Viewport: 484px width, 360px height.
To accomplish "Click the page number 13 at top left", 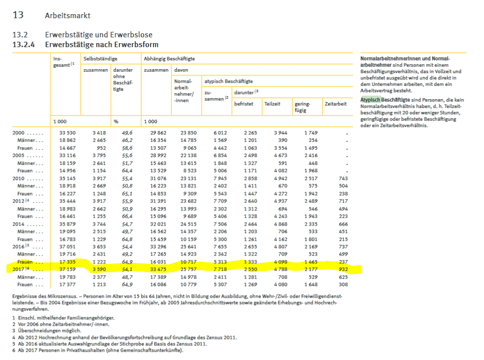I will click(x=18, y=15).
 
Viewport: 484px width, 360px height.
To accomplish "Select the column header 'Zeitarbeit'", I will click(x=336, y=104).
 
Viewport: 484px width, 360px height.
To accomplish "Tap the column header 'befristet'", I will click(x=244, y=104).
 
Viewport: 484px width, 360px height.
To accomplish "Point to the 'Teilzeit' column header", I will click(x=272, y=104).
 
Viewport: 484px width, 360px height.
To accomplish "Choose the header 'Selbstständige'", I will click(x=100, y=59).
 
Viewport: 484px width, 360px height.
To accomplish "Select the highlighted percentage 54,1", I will click(x=125, y=269).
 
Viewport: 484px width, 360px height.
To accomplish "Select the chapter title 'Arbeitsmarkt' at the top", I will click(x=67, y=16).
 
